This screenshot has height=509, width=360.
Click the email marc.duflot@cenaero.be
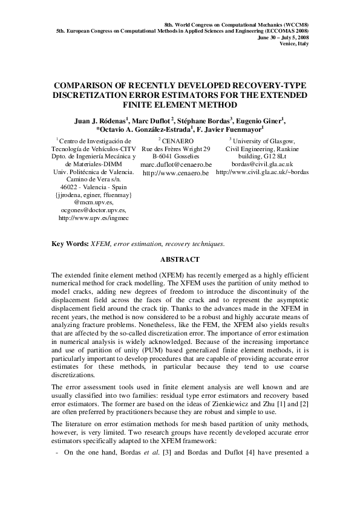coord(175,164)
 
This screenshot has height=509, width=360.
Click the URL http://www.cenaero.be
coord(175,173)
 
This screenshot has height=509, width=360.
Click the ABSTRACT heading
coord(180,259)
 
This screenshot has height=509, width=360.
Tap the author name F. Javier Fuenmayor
coord(230,129)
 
